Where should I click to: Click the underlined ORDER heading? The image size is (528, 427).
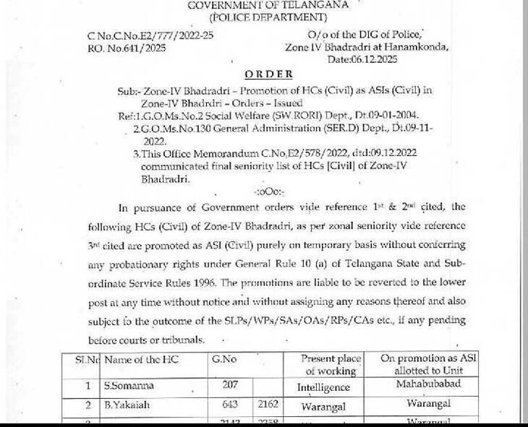point(268,74)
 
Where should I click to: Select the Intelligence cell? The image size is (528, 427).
point(323,387)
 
